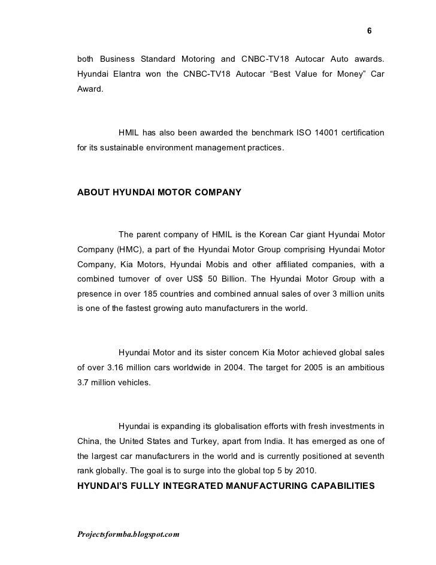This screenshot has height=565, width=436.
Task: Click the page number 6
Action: (369, 31)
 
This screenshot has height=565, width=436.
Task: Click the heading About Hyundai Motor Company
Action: (159, 193)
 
